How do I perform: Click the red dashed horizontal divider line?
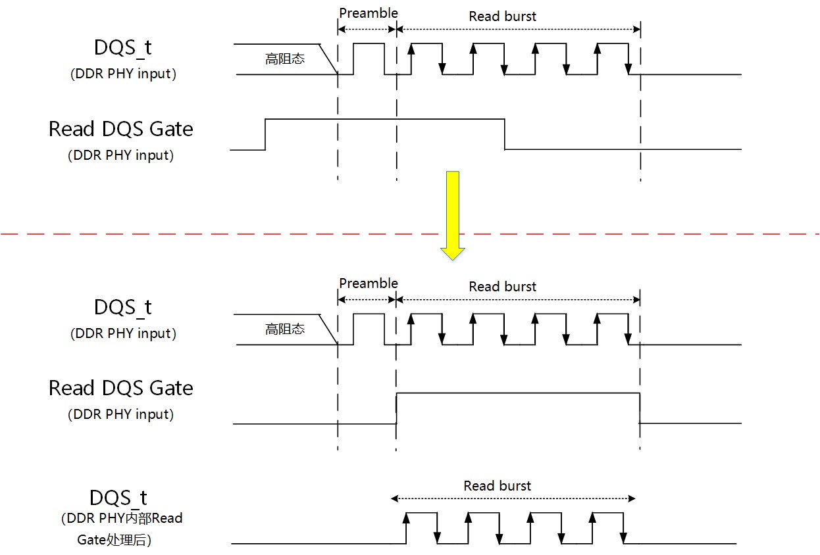click(x=197, y=233)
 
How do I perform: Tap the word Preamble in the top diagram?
click(x=369, y=13)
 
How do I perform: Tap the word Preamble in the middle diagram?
click(x=369, y=283)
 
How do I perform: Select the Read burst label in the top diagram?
click(x=502, y=16)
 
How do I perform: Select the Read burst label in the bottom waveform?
click(x=497, y=486)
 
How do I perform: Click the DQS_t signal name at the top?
click(x=122, y=48)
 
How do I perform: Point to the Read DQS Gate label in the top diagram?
click(x=121, y=129)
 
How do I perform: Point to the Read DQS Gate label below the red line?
click(x=121, y=388)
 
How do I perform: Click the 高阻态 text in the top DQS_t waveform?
click(x=285, y=59)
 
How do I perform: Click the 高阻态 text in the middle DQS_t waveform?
click(x=285, y=329)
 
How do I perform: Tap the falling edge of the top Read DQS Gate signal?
click(x=505, y=134)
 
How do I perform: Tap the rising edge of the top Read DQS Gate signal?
click(x=265, y=134)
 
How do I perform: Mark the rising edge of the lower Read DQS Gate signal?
click(x=397, y=408)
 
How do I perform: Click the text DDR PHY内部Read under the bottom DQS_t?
click(x=121, y=519)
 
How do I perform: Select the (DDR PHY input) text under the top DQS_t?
click(x=122, y=74)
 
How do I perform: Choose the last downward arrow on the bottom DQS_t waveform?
click(x=623, y=534)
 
